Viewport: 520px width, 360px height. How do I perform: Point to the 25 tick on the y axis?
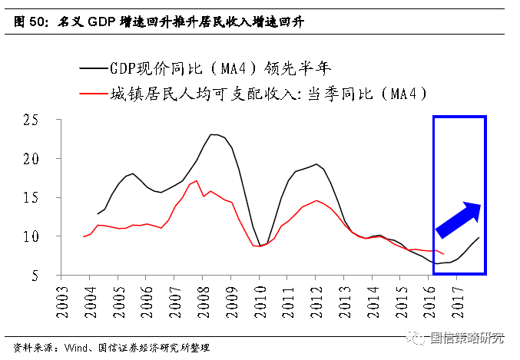[x=31, y=121]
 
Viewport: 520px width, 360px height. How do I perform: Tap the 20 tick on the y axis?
[x=31, y=159]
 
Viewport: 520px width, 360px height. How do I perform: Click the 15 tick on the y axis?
[x=31, y=198]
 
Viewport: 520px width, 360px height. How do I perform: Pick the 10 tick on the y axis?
[x=31, y=236]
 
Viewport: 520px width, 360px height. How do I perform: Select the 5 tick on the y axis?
[x=35, y=275]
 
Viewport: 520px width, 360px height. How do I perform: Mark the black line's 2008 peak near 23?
[x=213, y=134]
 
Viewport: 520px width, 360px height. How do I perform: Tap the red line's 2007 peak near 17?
[x=197, y=181]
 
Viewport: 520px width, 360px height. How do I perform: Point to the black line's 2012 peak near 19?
[x=316, y=163]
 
